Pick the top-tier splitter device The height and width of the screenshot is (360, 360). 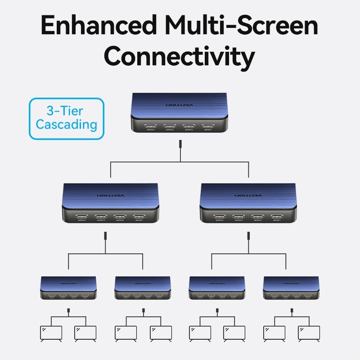(x=180, y=113)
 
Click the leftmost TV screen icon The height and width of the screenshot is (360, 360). (x=50, y=333)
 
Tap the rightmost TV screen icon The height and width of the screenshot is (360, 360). (x=309, y=333)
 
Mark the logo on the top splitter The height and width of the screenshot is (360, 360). (x=179, y=105)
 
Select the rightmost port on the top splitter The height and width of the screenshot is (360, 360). (x=208, y=126)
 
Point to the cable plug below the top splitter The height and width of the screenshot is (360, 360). (x=180, y=144)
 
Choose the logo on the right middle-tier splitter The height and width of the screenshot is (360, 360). (x=248, y=196)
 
